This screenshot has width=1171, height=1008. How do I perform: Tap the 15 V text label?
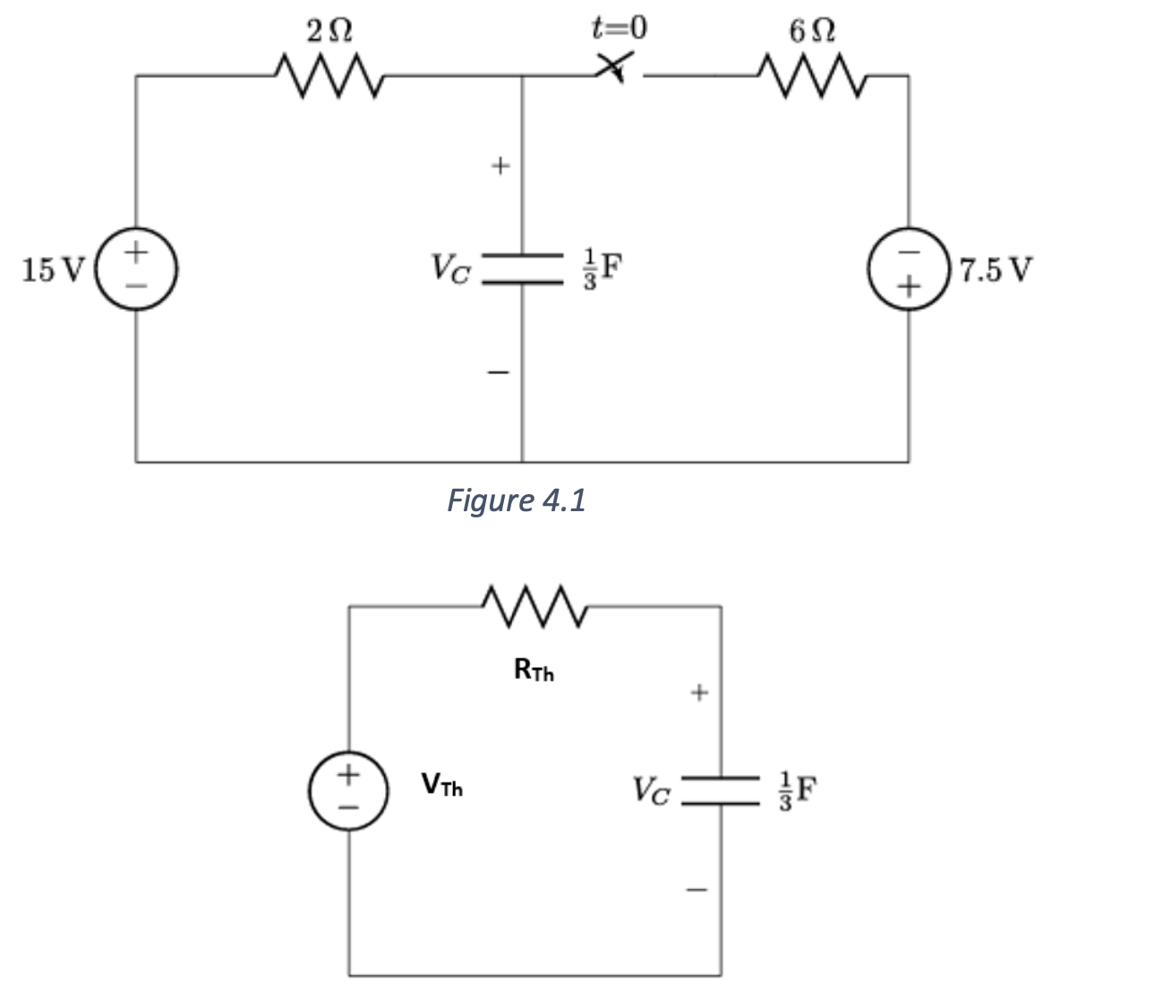click(x=51, y=269)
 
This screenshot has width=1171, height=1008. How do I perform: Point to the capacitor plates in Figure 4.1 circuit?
click(x=522, y=269)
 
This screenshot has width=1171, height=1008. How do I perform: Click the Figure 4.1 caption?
click(x=516, y=500)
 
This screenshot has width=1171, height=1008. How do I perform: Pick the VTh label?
click(x=441, y=787)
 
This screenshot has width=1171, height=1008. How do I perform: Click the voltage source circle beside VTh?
click(x=348, y=789)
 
